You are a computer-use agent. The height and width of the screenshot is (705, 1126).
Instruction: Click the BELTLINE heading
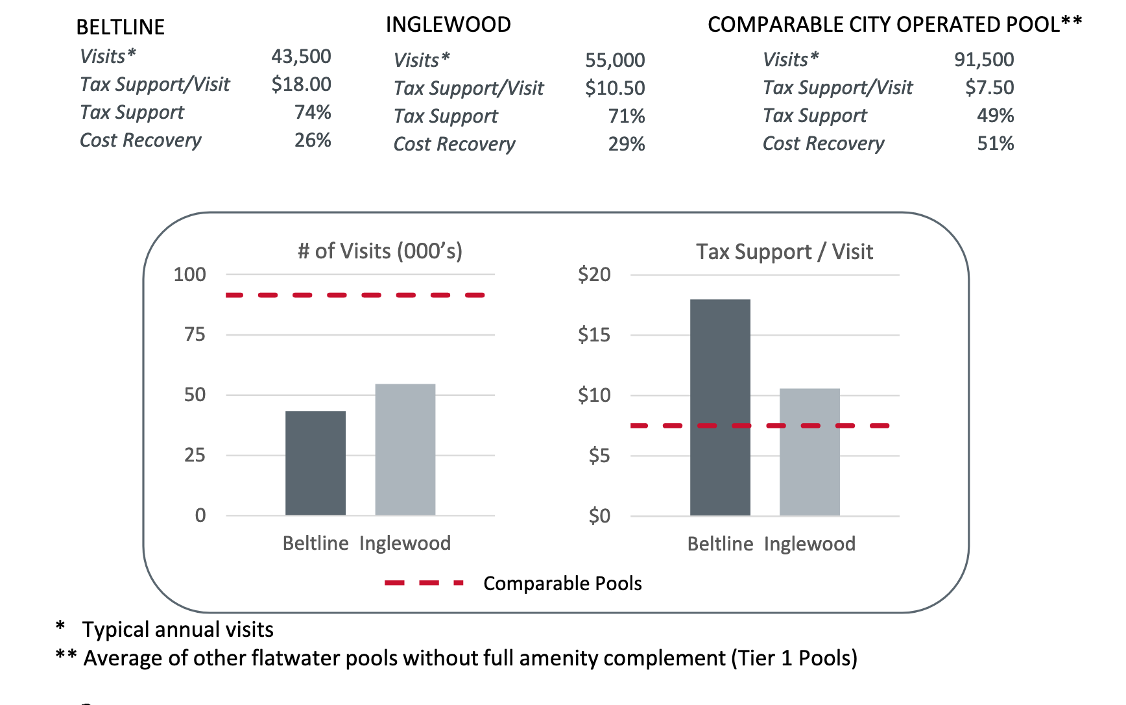coord(120,27)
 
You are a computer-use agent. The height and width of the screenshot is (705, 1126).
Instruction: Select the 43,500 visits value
coord(301,56)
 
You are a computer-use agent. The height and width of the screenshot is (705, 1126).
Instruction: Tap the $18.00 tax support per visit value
coord(301,84)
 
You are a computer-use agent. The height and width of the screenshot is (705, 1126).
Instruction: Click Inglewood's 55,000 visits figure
coord(614,60)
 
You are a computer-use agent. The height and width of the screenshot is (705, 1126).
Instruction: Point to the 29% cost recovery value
coord(626,144)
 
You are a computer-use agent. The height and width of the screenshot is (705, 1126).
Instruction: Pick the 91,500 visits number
coord(983,60)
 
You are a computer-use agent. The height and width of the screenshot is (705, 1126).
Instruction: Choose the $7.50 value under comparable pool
coord(988,88)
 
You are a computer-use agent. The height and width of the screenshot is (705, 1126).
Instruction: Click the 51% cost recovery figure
coord(995,143)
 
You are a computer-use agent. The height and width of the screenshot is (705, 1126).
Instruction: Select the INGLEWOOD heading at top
coord(448,25)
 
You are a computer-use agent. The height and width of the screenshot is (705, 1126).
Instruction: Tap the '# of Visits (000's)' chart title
coord(379,251)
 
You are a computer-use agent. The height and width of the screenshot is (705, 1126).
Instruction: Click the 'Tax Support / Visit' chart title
coord(784,252)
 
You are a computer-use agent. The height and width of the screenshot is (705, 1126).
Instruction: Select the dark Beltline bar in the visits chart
coord(315,463)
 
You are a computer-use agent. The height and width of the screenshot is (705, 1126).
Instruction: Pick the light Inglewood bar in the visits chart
coord(405,449)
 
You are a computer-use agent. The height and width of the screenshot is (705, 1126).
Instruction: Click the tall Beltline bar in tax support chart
coord(720,407)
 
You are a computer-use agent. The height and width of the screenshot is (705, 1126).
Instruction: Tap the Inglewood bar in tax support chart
coord(809,452)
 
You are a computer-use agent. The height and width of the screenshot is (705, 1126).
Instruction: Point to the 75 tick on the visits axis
coord(194,335)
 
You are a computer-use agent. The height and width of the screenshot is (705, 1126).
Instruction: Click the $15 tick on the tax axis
coord(593,335)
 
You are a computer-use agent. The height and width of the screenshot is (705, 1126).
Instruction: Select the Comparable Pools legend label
coord(562,584)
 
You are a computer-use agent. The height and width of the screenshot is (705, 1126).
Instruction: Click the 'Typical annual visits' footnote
coord(177,630)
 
